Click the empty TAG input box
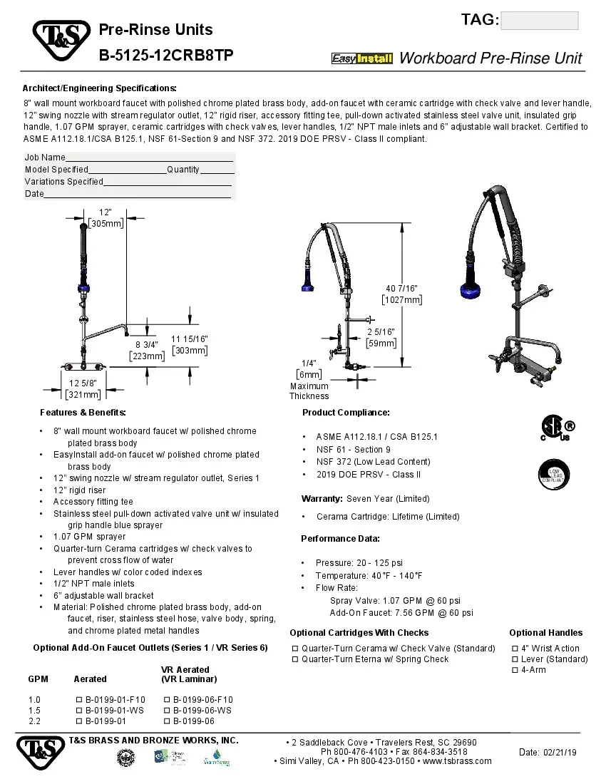click(x=540, y=21)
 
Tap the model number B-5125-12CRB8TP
click(x=165, y=56)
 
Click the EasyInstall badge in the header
click(x=362, y=58)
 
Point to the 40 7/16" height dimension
click(x=401, y=294)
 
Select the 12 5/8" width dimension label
click(x=83, y=388)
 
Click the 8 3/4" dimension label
click(x=147, y=350)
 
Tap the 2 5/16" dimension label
click(x=381, y=337)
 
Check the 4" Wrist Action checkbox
click(x=515, y=649)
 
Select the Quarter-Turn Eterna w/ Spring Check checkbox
click(x=295, y=659)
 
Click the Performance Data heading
click(x=340, y=539)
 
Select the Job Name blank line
click(x=150, y=158)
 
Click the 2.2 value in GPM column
click(x=34, y=721)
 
